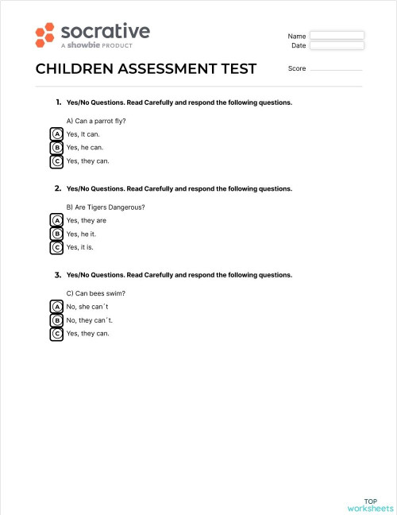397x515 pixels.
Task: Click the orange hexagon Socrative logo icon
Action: click(x=45, y=35)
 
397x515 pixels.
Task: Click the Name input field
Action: click(x=337, y=36)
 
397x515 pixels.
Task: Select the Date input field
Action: click(x=337, y=46)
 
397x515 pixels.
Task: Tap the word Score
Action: click(x=297, y=69)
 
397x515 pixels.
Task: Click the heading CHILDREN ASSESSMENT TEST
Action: click(x=146, y=69)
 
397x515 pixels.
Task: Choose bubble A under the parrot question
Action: click(x=57, y=134)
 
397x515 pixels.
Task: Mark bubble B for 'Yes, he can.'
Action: click(x=57, y=148)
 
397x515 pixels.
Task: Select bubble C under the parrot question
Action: click(x=57, y=161)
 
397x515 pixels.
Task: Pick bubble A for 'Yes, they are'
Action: click(x=57, y=220)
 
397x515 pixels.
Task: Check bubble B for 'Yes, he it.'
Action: click(x=57, y=234)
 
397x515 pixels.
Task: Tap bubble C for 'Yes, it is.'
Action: click(x=57, y=247)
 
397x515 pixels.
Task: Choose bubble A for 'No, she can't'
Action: click(x=57, y=306)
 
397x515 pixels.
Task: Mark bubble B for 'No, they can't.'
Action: click(x=57, y=319)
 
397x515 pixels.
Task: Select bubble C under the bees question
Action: click(x=57, y=333)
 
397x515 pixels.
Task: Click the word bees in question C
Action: click(x=99, y=292)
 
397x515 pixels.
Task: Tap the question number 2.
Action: click(x=58, y=189)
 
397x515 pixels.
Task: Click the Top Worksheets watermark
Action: click(x=370, y=505)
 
